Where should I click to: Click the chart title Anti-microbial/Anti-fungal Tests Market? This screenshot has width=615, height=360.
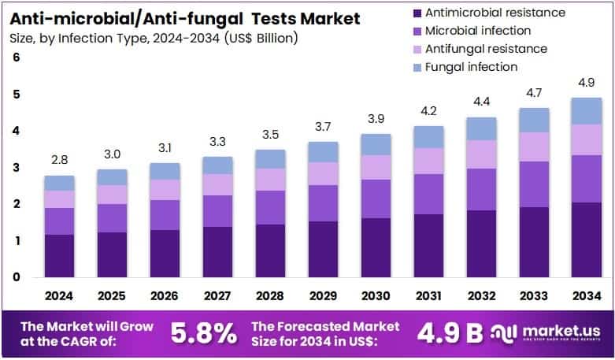185,17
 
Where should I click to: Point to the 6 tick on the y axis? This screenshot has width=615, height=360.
16,58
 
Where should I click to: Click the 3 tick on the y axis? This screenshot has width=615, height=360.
16,168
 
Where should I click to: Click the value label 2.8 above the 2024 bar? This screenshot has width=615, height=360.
59,161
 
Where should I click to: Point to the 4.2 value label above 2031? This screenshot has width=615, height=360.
428,111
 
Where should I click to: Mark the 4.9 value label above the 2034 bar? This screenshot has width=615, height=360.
585,83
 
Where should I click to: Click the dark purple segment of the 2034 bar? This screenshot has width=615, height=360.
585,239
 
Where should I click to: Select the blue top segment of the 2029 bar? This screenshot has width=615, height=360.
323,152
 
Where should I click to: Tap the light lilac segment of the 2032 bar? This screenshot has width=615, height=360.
480,154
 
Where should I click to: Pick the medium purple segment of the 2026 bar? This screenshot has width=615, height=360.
165,215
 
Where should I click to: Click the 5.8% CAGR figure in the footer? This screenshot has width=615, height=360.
204,333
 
